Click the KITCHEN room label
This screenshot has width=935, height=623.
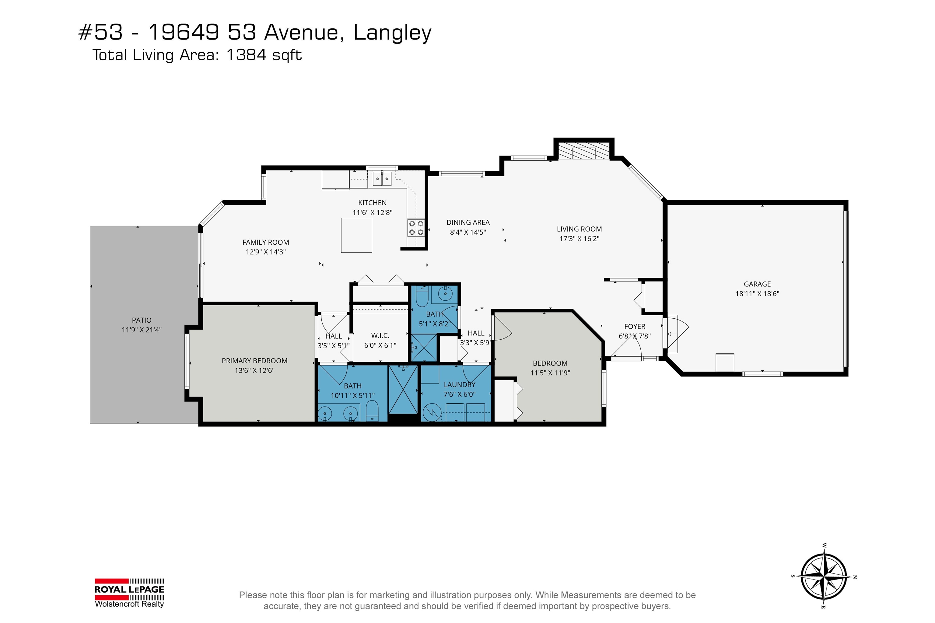(372, 203)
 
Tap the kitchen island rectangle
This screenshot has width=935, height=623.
(356, 235)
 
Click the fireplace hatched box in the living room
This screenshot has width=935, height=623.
(583, 151)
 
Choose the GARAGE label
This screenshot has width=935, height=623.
(757, 284)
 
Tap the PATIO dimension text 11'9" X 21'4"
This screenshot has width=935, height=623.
(142, 330)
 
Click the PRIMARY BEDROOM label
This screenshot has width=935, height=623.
(254, 361)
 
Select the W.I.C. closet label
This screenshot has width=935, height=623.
(380, 336)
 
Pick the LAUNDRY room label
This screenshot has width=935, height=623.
(459, 385)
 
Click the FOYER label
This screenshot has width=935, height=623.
(635, 327)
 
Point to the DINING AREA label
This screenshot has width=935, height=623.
(468, 222)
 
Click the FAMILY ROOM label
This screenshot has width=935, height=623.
(265, 242)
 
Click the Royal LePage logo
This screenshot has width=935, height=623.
(129, 593)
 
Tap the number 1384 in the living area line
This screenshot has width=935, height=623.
(246, 55)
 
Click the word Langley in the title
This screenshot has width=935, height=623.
(392, 33)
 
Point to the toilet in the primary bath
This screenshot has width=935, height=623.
(372, 411)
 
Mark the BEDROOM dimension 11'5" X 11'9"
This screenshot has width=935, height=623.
(550, 373)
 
